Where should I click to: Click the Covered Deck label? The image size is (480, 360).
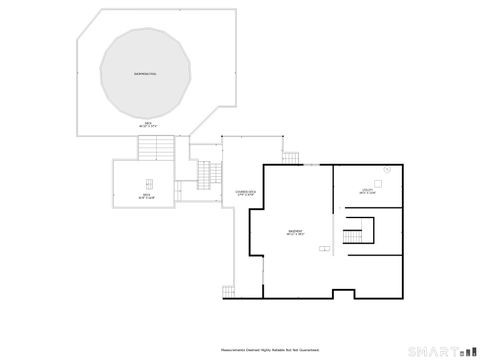(246, 192)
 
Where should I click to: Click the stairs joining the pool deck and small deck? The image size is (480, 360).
(157, 150)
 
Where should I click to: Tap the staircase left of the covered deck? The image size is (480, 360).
(208, 175)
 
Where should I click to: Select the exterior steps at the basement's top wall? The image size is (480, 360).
(291, 159)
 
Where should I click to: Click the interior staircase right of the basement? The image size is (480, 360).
(353, 236)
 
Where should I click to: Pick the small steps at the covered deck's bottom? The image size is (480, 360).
(230, 290)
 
